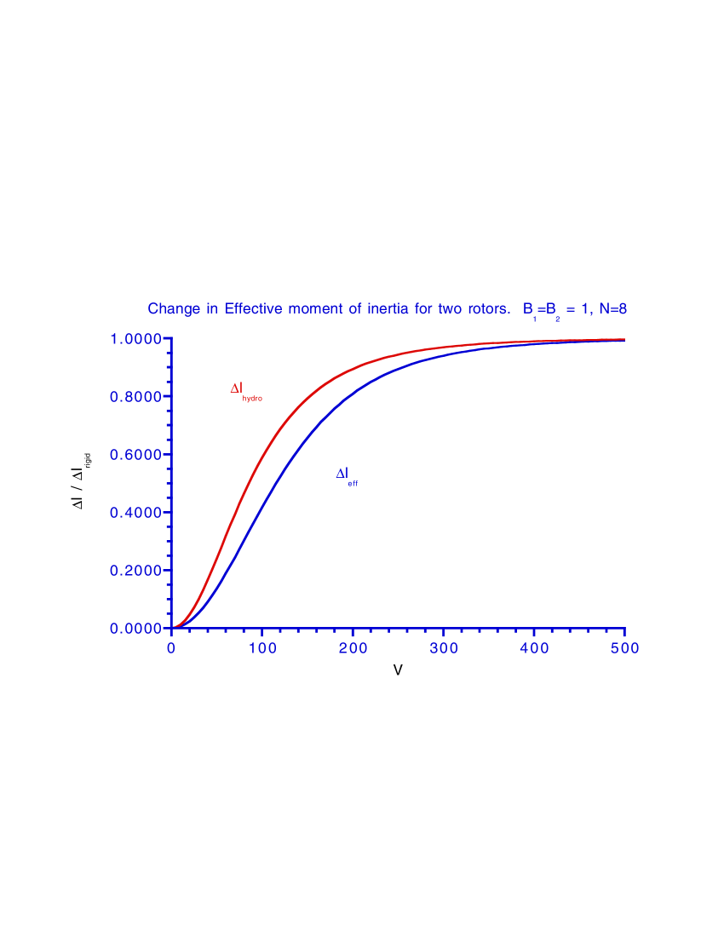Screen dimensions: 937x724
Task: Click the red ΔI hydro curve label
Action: [x=245, y=391]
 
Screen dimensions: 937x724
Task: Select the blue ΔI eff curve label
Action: [x=346, y=477]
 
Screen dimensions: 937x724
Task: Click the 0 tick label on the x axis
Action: [x=171, y=648]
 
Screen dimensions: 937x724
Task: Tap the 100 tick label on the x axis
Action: [x=262, y=648]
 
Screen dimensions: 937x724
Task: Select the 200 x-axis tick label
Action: [x=353, y=648]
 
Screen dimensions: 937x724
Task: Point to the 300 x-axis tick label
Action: [x=444, y=648]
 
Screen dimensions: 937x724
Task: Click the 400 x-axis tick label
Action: [x=534, y=648]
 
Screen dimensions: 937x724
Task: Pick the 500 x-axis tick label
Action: [x=625, y=648]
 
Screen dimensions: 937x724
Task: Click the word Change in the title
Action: [x=175, y=309]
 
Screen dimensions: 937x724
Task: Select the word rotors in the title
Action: [x=486, y=309]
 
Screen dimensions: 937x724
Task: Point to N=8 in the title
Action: [x=612, y=309]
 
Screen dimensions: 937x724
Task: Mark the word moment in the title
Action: [x=316, y=309]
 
